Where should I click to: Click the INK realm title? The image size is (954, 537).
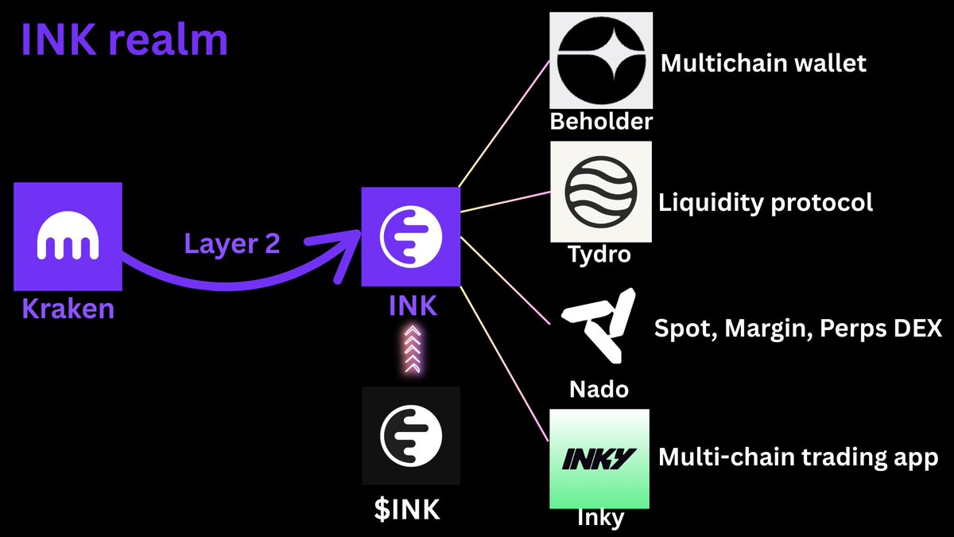click(124, 39)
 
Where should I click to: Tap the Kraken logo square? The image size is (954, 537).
click(68, 237)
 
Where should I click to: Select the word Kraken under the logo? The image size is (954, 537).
click(68, 309)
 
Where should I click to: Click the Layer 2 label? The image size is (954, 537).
click(232, 243)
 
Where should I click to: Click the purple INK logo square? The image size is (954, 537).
click(411, 236)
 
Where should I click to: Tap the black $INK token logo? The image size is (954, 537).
click(411, 435)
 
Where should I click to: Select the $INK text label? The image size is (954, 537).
click(406, 509)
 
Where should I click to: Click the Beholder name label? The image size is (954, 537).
click(601, 121)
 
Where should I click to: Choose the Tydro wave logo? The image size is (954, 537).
click(601, 192)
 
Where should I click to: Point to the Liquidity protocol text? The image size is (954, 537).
click(766, 202)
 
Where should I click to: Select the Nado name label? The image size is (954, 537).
click(599, 389)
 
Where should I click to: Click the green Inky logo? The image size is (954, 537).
click(599, 459)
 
